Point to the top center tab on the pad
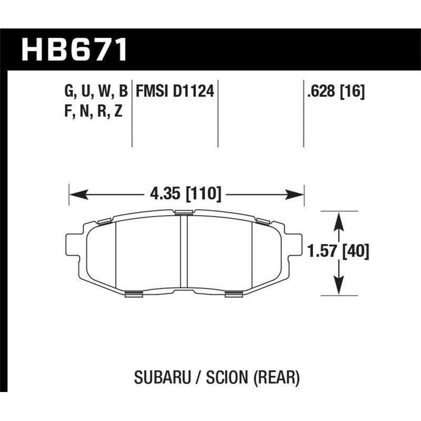pyautogui.click(x=184, y=212)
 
